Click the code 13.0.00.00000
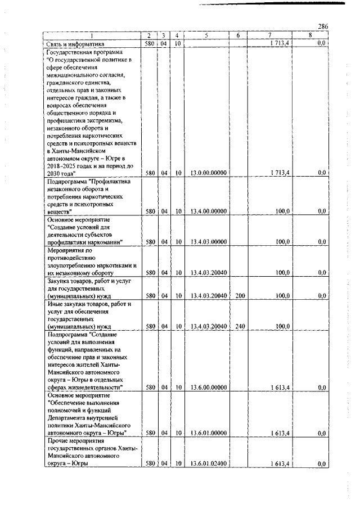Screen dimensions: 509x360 click(209, 173)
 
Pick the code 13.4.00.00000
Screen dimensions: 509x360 click(209, 211)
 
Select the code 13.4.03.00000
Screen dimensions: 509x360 click(209, 242)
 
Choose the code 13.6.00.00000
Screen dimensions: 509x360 click(209, 388)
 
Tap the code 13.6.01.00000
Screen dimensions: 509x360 click(209, 433)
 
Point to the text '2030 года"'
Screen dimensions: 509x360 click(61, 173)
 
